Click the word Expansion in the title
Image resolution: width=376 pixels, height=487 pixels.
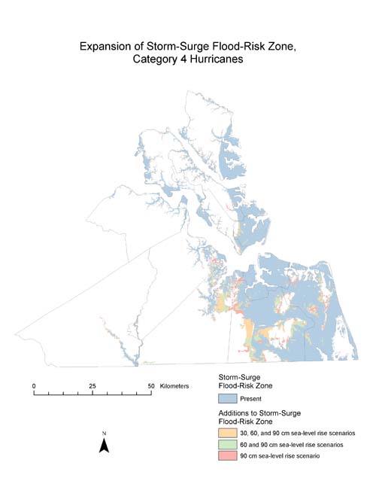107,47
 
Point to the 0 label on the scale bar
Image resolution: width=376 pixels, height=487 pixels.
34,385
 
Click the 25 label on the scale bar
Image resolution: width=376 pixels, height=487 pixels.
92,385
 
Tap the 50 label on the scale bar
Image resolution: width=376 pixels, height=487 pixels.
151,385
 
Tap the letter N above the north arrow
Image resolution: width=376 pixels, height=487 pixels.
105,433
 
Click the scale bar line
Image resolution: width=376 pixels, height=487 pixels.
92,393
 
